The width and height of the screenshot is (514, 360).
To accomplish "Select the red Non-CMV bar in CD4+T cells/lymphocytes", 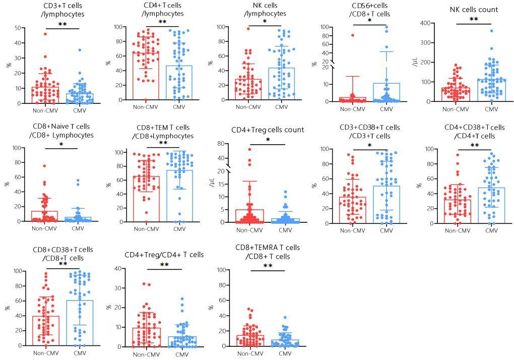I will click(146, 76).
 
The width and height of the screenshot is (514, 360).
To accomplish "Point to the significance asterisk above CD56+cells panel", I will click(369, 21).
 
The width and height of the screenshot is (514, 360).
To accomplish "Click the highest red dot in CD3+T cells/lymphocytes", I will click(45, 34).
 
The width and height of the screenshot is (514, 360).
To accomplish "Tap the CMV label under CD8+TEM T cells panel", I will click(179, 228).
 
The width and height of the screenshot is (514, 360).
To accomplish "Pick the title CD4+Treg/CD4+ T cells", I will click(164, 255).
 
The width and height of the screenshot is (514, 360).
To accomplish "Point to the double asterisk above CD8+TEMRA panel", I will click(268, 266).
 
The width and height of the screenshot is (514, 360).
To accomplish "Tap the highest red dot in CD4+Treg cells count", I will click(249, 149).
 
